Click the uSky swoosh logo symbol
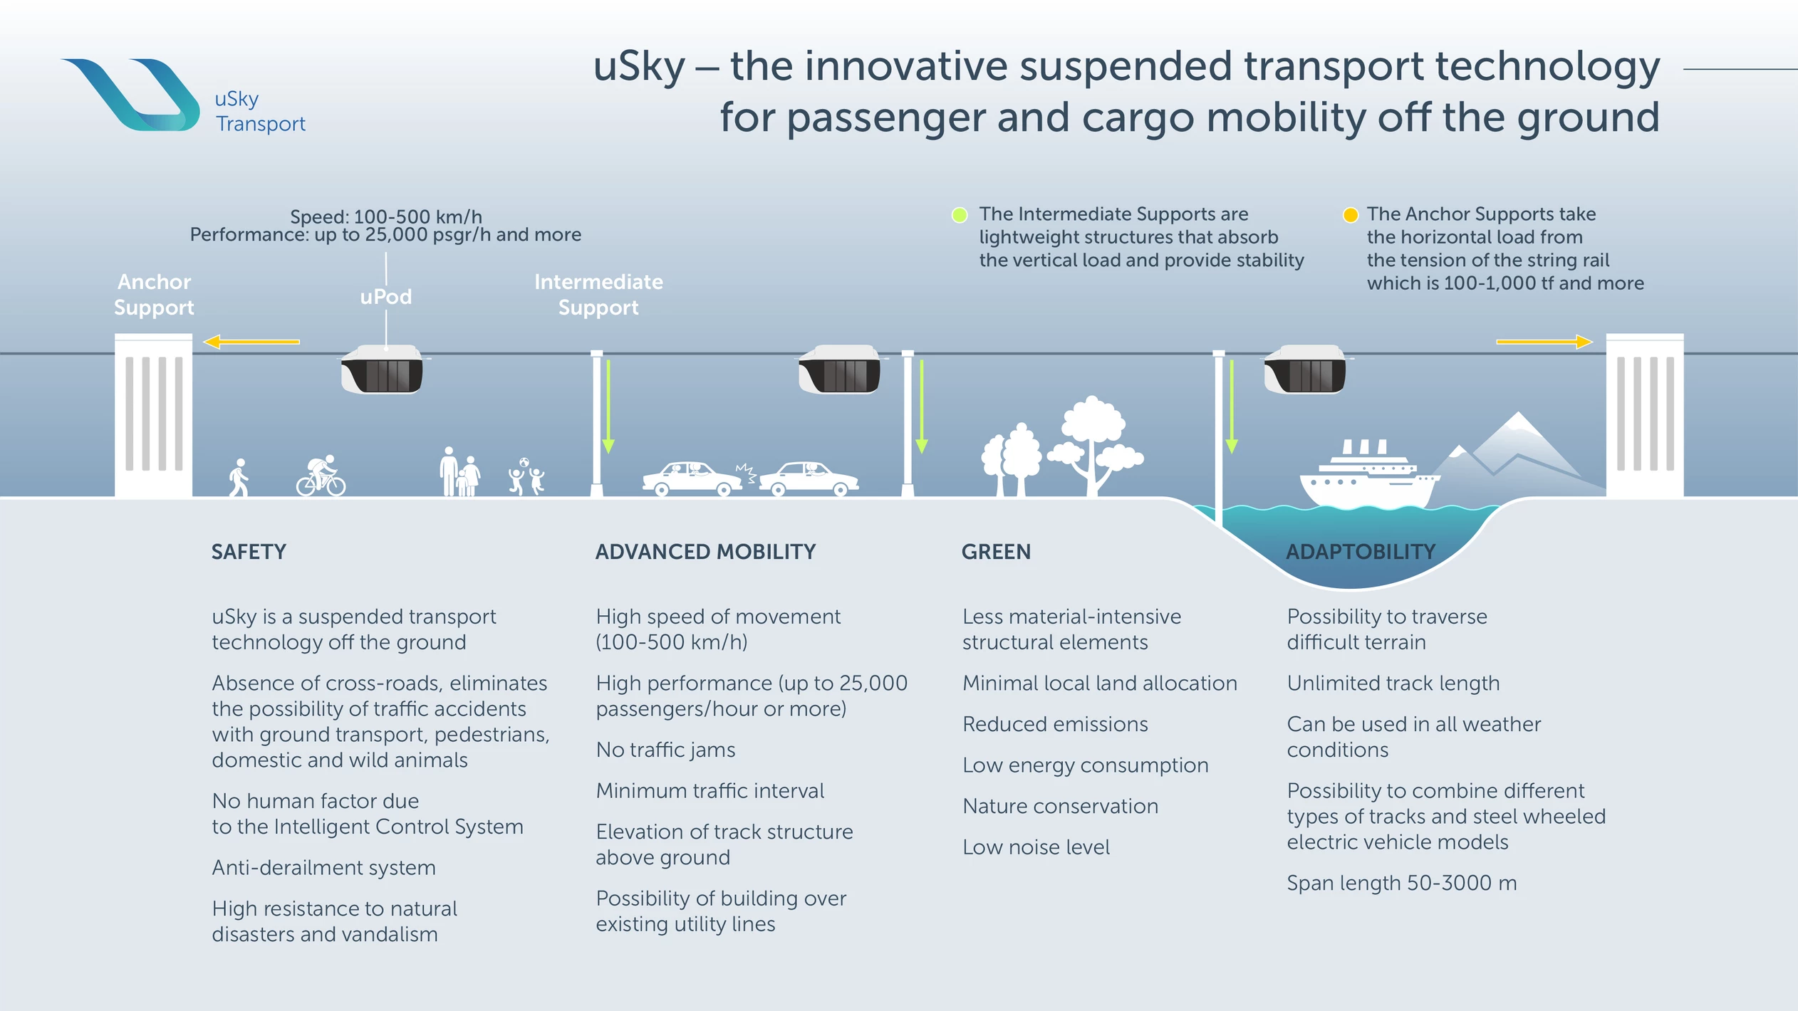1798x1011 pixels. click(135, 95)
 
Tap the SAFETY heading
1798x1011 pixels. click(249, 552)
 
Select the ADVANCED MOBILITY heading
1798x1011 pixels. click(705, 552)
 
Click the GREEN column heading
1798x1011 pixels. click(996, 552)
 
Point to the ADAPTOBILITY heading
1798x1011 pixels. click(1361, 552)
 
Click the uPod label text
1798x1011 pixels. click(385, 296)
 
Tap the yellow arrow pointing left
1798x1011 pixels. click(251, 342)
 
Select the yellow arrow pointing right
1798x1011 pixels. click(1544, 342)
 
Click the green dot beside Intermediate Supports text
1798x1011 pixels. click(960, 215)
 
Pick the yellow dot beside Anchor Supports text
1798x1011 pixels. click(1350, 215)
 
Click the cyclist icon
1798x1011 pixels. click(321, 476)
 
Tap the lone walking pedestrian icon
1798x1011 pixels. click(239, 477)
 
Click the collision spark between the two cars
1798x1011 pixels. click(746, 473)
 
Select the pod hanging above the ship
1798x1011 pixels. click(1305, 369)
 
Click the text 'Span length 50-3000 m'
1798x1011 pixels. click(1401, 883)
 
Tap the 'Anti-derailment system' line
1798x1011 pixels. click(323, 867)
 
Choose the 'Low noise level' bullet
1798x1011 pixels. click(1036, 847)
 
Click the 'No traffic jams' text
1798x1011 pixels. click(665, 750)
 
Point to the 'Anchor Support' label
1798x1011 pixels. click(154, 295)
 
